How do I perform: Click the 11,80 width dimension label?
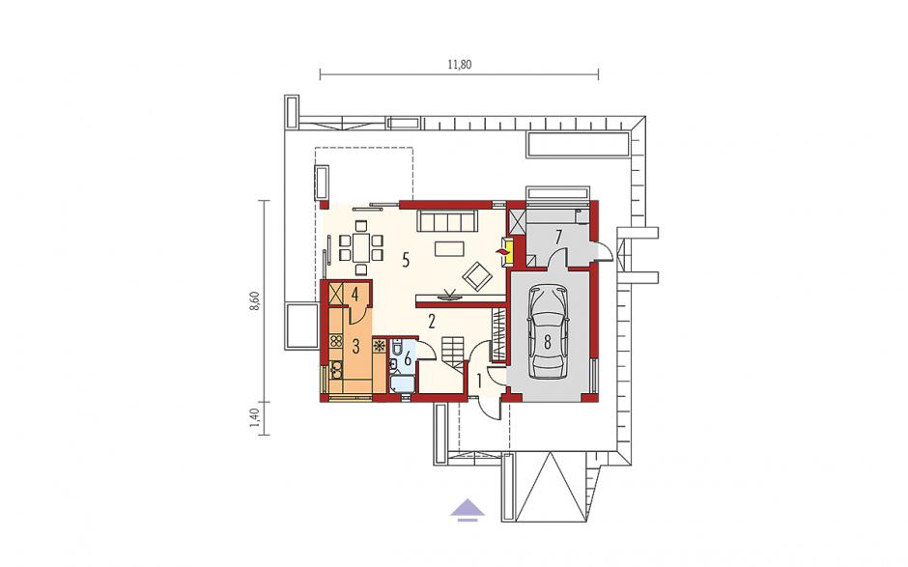(459, 65)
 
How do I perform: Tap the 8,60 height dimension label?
(254, 301)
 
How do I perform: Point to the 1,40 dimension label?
(254, 417)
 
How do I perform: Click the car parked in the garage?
(548, 331)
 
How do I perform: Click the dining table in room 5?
(360, 247)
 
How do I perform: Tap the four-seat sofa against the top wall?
(447, 221)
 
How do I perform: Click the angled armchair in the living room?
(478, 275)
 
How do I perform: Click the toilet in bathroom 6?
(398, 348)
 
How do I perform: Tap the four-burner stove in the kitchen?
(335, 342)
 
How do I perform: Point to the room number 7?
(558, 237)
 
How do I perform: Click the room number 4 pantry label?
(355, 294)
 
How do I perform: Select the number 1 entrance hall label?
(479, 382)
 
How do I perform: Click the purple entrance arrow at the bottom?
(468, 510)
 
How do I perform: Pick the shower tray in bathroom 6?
(402, 383)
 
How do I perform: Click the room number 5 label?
(406, 261)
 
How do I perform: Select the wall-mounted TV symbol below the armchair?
(449, 296)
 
